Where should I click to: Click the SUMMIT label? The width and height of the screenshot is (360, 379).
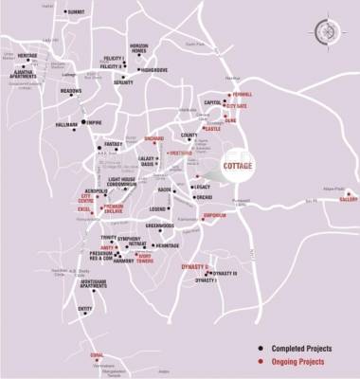(77, 11)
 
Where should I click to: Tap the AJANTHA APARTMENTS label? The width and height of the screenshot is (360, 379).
(24, 74)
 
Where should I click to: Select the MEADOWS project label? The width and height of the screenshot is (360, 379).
(71, 91)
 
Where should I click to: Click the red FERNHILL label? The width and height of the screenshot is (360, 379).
(243, 96)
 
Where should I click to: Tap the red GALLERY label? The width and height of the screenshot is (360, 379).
(350, 199)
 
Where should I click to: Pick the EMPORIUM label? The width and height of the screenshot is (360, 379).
(213, 215)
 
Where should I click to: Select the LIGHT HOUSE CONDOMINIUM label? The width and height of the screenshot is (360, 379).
(128, 181)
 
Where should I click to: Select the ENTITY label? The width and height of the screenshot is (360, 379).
(85, 308)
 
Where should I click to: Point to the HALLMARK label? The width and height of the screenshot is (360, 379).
(67, 125)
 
